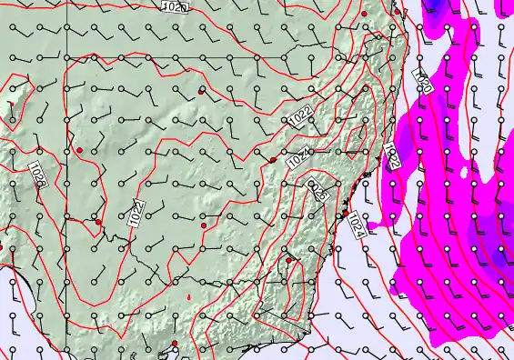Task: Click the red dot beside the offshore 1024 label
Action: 346,214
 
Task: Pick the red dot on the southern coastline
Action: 175,344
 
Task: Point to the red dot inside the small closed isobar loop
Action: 202,91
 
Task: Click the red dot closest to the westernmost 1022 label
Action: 98,221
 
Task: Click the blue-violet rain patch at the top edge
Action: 435,5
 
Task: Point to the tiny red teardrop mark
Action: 188,296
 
